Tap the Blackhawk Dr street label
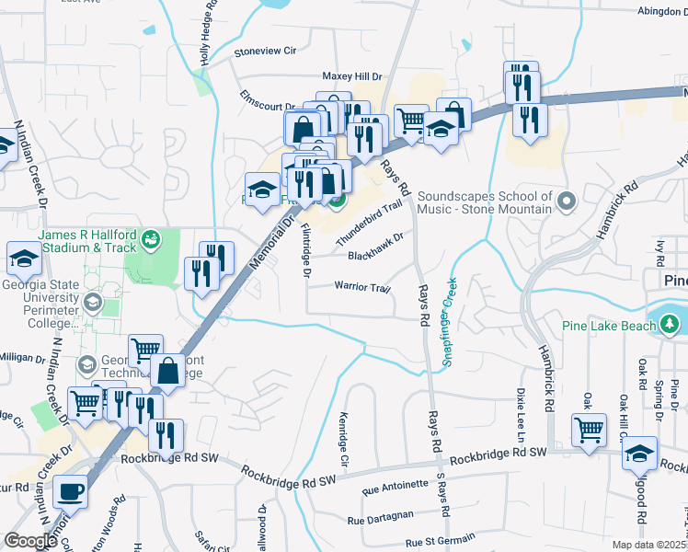(376, 243)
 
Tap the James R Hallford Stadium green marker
(151, 240)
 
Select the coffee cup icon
(69, 492)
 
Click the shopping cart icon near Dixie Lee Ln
(589, 429)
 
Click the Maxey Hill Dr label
(351, 76)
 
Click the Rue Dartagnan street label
(380, 520)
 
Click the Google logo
(30, 540)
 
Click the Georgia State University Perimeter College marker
(92, 302)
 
